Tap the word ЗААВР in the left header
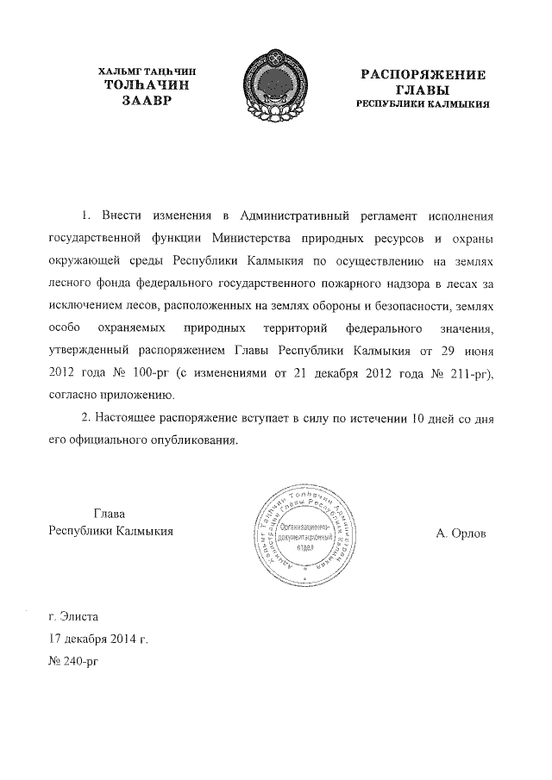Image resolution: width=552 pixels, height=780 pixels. point(147,102)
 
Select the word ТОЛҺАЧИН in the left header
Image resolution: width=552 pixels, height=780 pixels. point(147,86)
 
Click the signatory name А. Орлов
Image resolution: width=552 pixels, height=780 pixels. point(461,534)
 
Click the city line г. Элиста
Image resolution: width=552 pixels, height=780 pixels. point(74,617)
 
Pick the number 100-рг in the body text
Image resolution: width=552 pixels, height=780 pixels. point(148,374)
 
